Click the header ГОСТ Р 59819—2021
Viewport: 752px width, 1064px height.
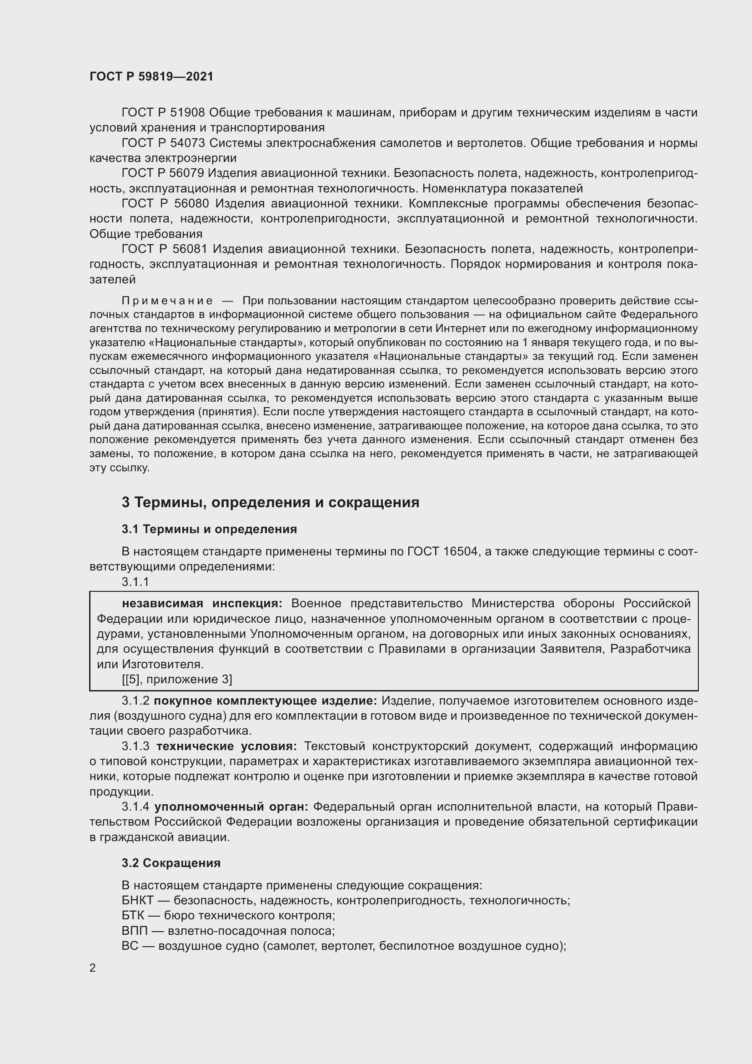tap(151, 76)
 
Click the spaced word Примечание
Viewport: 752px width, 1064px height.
tap(167, 301)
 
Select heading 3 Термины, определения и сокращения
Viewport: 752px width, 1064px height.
tap(271, 502)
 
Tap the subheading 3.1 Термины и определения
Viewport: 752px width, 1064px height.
tap(209, 529)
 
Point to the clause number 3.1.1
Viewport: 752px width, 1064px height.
tap(135, 582)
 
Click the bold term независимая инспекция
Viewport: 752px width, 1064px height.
tap(202, 603)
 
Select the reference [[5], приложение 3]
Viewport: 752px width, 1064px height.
tap(177, 679)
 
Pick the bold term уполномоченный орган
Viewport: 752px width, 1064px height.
tap(231, 807)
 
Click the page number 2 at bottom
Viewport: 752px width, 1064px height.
tap(93, 968)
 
